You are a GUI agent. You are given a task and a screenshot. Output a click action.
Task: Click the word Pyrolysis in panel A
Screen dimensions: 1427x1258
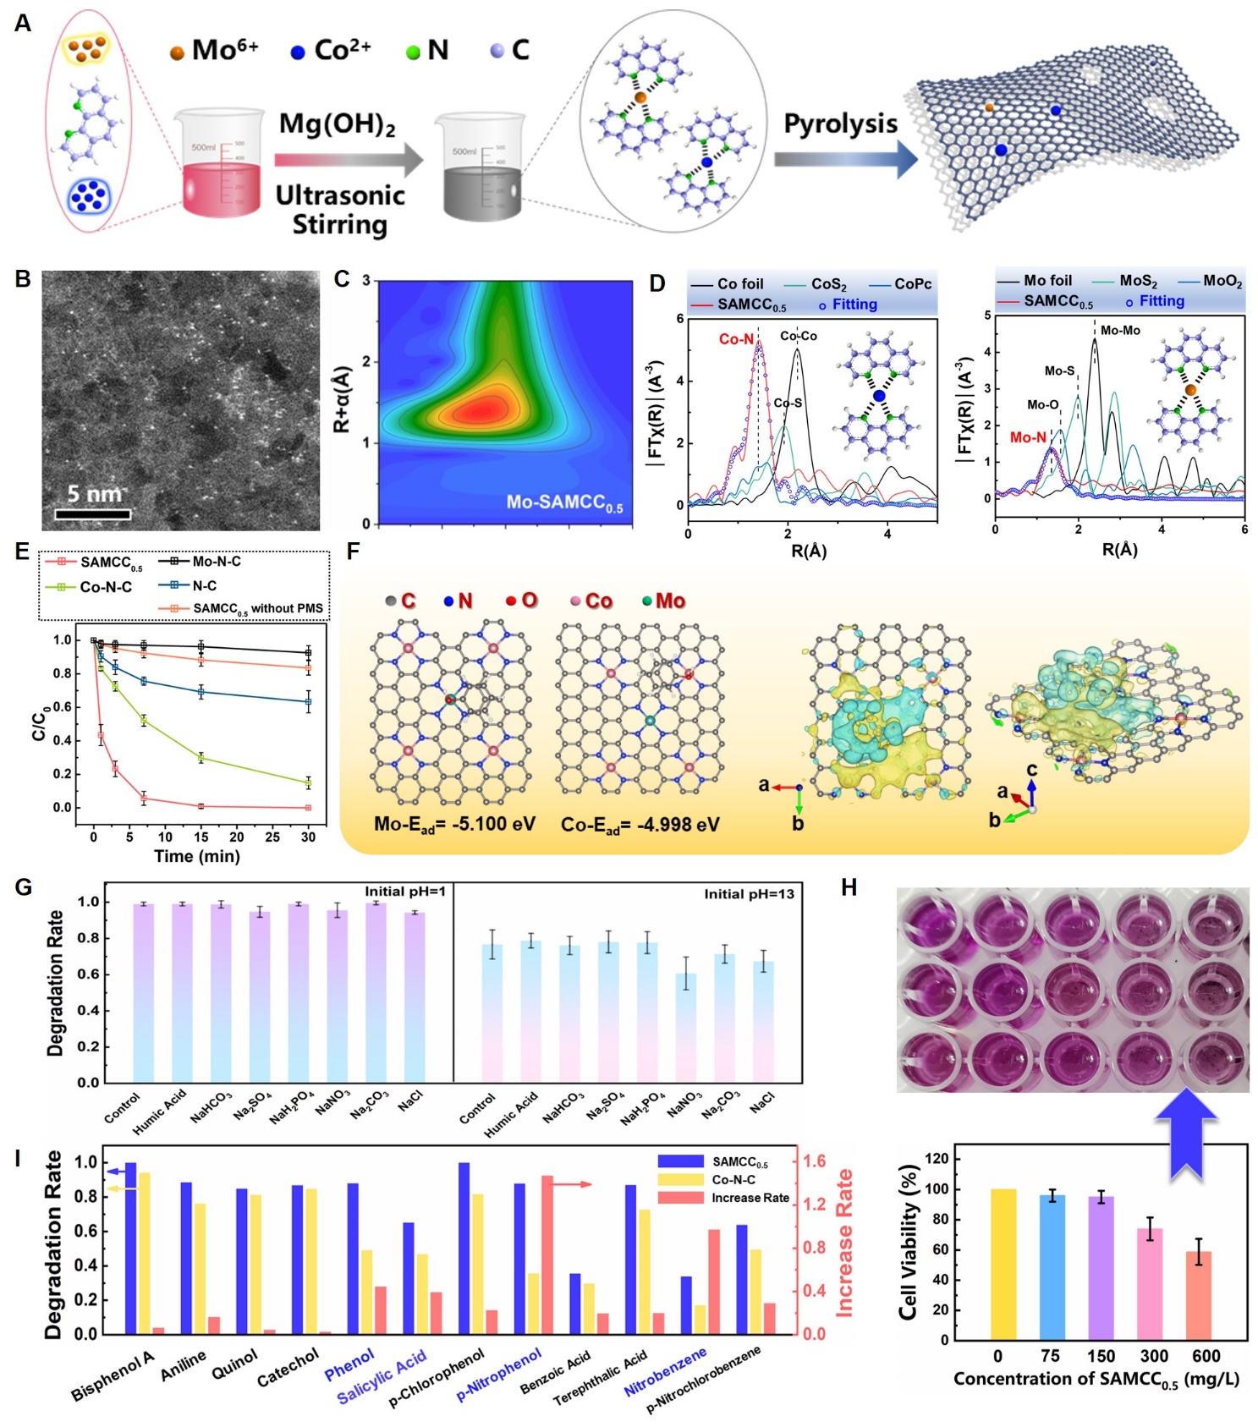(840, 123)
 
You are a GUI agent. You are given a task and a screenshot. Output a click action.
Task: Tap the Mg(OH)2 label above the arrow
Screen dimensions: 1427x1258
(337, 124)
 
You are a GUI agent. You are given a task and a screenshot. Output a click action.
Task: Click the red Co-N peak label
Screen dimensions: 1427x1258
(736, 339)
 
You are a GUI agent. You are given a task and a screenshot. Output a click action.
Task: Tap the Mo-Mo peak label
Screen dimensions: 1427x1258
(1120, 331)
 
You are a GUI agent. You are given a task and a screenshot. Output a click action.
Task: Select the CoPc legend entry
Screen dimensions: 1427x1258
(912, 284)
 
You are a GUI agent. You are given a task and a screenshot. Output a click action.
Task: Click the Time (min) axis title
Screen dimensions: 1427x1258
(196, 856)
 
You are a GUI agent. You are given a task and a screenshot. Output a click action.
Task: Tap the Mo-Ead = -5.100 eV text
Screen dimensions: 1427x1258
(454, 825)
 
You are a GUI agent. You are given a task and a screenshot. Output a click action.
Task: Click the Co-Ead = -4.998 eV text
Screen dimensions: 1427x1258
(640, 825)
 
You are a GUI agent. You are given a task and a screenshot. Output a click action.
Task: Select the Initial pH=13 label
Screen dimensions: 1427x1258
(749, 894)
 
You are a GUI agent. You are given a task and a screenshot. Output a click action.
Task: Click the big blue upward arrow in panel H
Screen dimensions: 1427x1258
(1186, 1133)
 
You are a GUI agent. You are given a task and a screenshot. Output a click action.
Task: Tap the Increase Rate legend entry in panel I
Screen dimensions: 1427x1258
(750, 1198)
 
